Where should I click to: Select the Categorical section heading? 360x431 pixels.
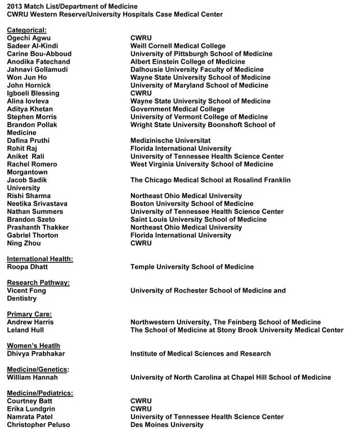point(26,30)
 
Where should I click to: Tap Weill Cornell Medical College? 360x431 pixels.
point(178,46)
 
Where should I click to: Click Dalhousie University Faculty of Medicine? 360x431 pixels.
point(197,70)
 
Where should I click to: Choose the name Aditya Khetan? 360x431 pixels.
point(30,109)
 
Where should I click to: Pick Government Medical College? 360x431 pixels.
point(177,109)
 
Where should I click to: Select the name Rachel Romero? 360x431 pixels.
point(33,164)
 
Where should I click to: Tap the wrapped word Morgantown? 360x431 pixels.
point(27,172)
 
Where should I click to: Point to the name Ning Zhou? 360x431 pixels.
point(24,243)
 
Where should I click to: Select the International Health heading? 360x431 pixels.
point(40,259)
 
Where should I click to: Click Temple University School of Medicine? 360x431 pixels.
point(192,267)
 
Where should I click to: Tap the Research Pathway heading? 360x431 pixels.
point(38,282)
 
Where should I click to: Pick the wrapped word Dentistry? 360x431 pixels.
point(21,298)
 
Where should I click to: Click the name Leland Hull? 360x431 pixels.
point(25,330)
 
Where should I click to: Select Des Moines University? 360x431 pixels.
point(167,424)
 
